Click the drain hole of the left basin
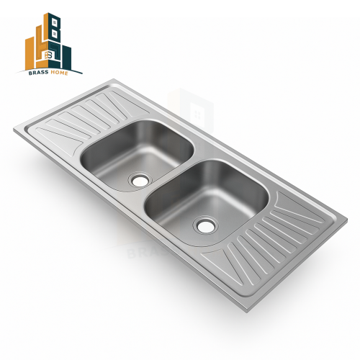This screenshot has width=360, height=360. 140,179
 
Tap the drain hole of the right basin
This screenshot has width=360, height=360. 206,225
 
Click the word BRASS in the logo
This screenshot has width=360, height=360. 39,73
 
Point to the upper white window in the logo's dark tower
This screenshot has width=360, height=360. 55,23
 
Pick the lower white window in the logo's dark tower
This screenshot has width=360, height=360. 55,33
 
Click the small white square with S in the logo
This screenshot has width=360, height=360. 47,55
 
